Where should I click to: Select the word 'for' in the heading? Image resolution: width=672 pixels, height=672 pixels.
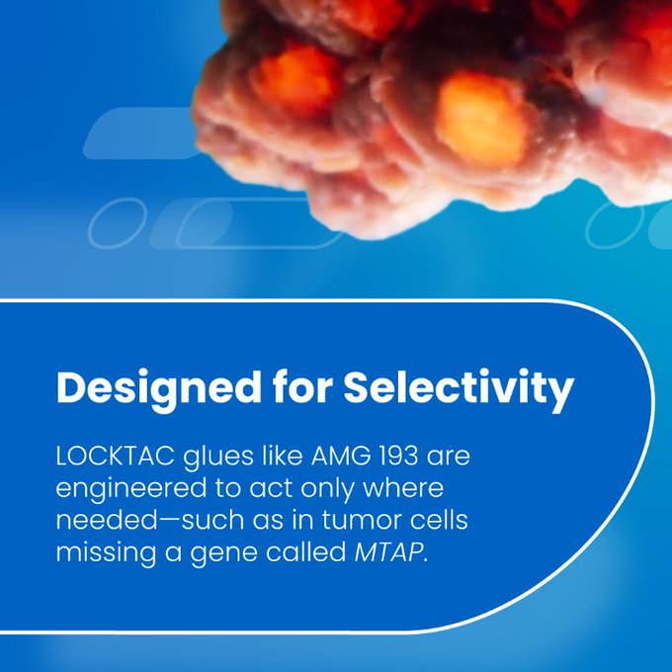click(302, 386)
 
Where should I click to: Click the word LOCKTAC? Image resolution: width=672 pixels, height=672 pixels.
click(116, 456)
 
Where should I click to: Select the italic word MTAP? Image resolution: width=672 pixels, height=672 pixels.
click(388, 552)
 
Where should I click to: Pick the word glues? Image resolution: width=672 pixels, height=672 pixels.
click(218, 458)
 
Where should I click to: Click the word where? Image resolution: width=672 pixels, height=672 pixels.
click(403, 488)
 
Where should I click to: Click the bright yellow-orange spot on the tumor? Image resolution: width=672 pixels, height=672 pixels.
click(480, 118)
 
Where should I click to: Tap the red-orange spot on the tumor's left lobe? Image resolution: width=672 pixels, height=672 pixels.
click(295, 79)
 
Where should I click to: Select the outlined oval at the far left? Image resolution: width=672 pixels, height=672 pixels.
click(118, 223)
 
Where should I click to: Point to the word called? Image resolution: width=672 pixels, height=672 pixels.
click(305, 552)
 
